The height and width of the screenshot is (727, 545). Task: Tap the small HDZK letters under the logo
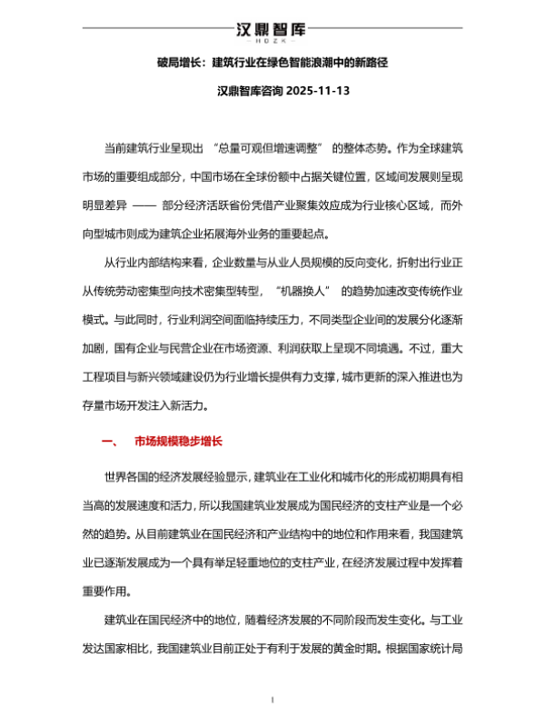pyautogui.click(x=272, y=42)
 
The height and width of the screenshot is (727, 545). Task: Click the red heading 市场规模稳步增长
pyautogui.click(x=178, y=442)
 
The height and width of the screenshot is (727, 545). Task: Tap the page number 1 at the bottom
pyautogui.click(x=272, y=700)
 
